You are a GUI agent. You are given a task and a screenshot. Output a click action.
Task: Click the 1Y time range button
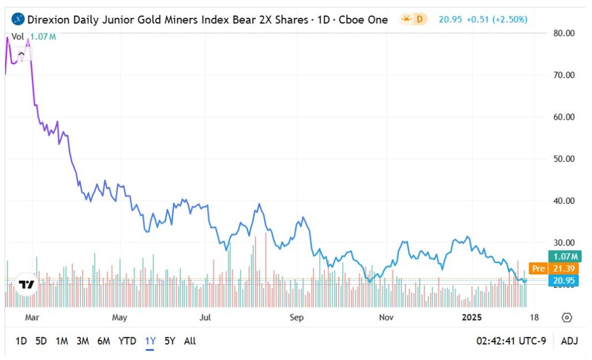(150, 341)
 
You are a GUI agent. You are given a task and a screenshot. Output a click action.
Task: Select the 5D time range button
(41, 341)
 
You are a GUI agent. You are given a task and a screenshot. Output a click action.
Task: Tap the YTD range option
(127, 341)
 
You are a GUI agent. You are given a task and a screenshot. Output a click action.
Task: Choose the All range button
(190, 341)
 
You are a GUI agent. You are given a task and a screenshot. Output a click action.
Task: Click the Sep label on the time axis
(296, 317)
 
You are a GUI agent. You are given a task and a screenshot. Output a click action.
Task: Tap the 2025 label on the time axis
(472, 317)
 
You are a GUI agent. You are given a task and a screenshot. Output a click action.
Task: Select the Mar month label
(32, 317)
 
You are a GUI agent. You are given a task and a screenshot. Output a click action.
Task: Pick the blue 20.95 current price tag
(563, 281)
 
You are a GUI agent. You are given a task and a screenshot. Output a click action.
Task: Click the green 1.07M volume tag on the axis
(563, 257)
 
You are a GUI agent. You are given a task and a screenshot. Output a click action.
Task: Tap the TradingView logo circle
(26, 284)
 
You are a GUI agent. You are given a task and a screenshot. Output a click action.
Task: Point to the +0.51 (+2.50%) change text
(494, 19)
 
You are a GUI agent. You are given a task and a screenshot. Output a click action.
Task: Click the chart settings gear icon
(567, 317)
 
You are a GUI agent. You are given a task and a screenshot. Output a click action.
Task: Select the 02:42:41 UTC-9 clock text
(510, 341)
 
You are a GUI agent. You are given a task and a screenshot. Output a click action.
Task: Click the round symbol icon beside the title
(18, 19)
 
